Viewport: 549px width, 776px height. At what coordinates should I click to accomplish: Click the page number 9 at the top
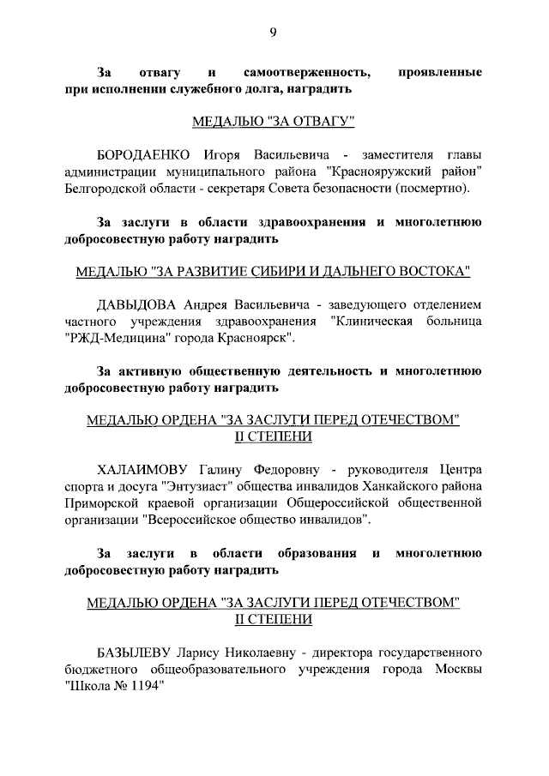pos(273,33)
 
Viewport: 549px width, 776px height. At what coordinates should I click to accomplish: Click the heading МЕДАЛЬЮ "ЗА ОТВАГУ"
pos(273,121)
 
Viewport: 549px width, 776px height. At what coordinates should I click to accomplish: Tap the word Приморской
pos(108,502)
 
